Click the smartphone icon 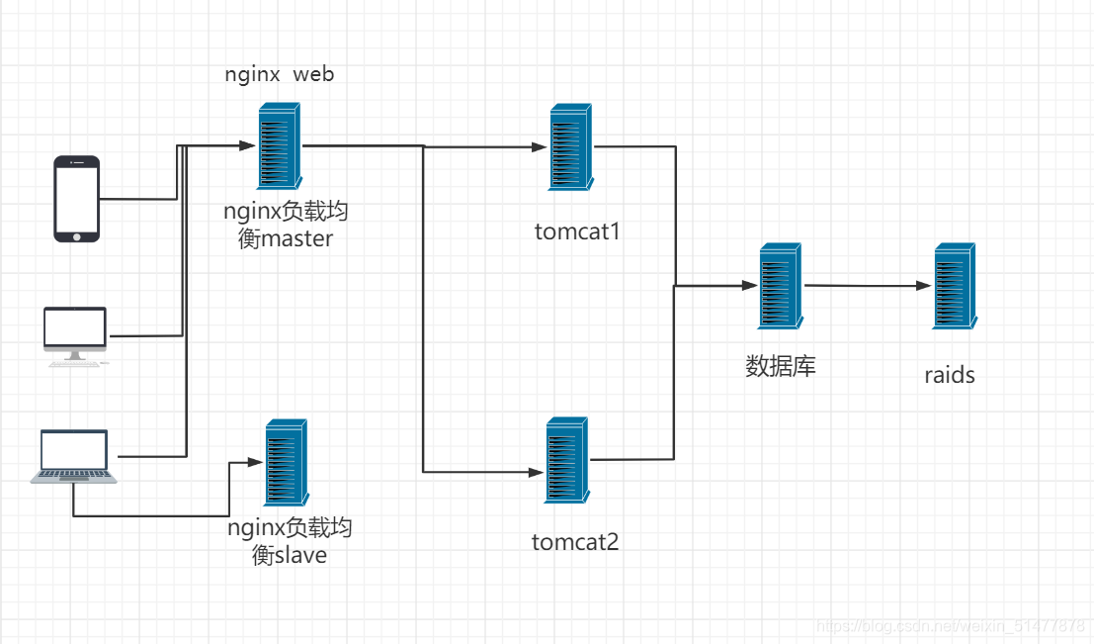pyautogui.click(x=77, y=199)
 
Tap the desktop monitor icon pyautogui.click(x=75, y=336)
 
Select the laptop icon pyautogui.click(x=74, y=456)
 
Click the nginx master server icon pyautogui.click(x=280, y=146)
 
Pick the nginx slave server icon pyautogui.click(x=287, y=462)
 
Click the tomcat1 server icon pyautogui.click(x=571, y=146)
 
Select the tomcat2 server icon pyautogui.click(x=567, y=460)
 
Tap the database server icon pyautogui.click(x=781, y=286)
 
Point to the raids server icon pyautogui.click(x=955, y=286)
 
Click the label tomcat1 pyautogui.click(x=577, y=231)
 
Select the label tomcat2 pyautogui.click(x=575, y=542)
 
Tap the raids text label pyautogui.click(x=950, y=375)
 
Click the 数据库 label pyautogui.click(x=781, y=366)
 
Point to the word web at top pyautogui.click(x=313, y=74)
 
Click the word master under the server pyautogui.click(x=296, y=238)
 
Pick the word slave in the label pyautogui.click(x=300, y=555)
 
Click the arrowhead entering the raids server pyautogui.click(x=924, y=285)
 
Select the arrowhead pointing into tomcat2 pyautogui.click(x=536, y=472)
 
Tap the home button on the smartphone pyautogui.click(x=77, y=236)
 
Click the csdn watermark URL pyautogui.click(x=951, y=625)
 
